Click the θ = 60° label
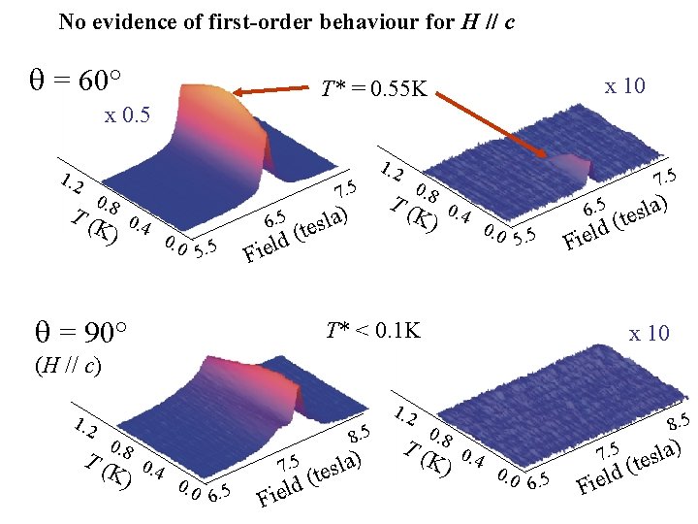[77, 80]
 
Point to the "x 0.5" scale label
[127, 115]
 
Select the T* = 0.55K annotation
[374, 90]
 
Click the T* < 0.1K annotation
[373, 331]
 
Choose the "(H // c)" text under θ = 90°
[69, 367]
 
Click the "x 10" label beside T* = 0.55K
[624, 86]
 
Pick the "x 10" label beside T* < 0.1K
[649, 334]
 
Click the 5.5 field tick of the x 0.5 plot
[206, 250]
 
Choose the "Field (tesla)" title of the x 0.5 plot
[295, 232]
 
